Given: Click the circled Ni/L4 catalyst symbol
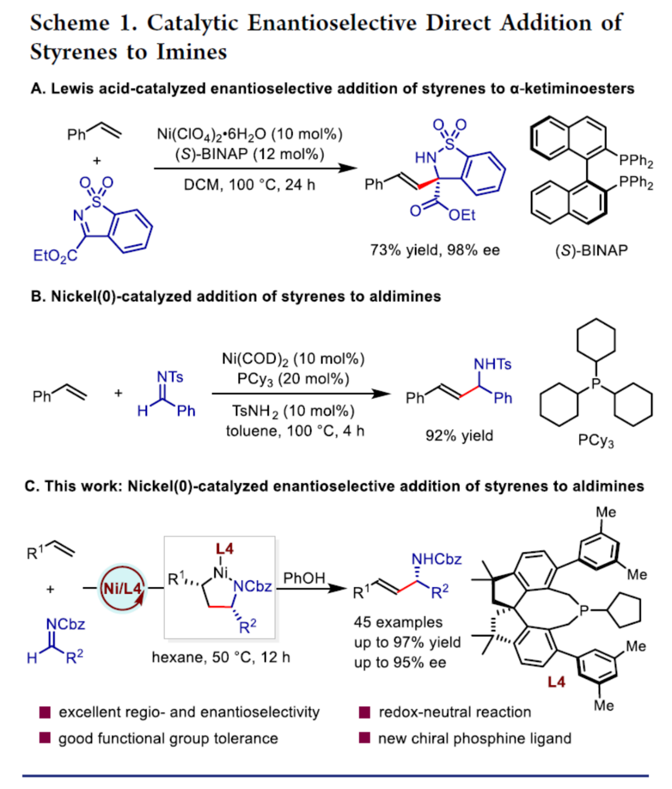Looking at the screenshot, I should coord(122,588).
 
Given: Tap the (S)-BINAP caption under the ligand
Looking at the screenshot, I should coord(591,250).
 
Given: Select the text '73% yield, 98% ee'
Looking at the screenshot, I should coord(434,250).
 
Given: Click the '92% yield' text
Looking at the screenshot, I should coord(459,435).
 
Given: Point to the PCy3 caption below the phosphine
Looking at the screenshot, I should coord(596,441).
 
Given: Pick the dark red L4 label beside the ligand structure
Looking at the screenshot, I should coord(557,682).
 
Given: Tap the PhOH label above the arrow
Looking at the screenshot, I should coord(304,578).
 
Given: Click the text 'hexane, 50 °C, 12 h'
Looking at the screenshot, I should coord(221,657).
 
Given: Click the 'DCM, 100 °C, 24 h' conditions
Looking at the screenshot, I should coord(249,185).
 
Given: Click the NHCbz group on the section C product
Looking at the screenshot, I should coord(436,559).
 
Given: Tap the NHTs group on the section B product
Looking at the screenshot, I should coord(492,364).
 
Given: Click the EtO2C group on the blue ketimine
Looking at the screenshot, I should coord(55,256).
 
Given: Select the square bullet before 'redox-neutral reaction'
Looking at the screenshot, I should coord(364,712).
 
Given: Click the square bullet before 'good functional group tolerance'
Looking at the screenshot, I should coord(45,738).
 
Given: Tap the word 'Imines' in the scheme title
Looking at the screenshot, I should coord(192,52).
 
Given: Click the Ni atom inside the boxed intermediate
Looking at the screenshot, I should coord(220,572).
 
